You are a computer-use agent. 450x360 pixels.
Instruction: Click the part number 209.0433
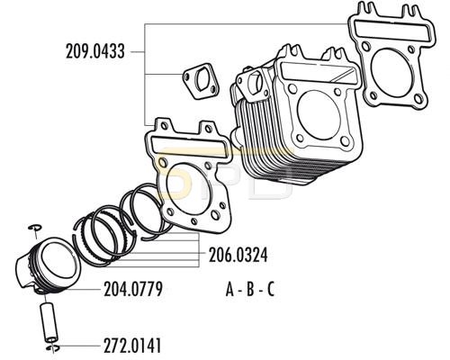coord(94,51)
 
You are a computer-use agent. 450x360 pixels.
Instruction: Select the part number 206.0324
coord(238,256)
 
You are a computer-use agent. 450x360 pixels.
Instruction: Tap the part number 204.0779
coord(133,289)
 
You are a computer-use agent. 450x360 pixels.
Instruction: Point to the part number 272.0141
coord(132,346)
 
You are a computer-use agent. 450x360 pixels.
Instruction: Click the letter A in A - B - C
coord(229,290)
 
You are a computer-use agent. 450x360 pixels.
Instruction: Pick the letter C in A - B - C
coord(271,290)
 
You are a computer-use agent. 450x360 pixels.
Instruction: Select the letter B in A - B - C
coord(250,290)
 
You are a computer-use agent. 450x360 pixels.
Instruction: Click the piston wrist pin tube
coord(49,323)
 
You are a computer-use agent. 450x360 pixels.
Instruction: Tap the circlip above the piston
coord(35,228)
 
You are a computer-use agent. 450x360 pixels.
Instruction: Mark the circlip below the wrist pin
coord(53,347)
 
